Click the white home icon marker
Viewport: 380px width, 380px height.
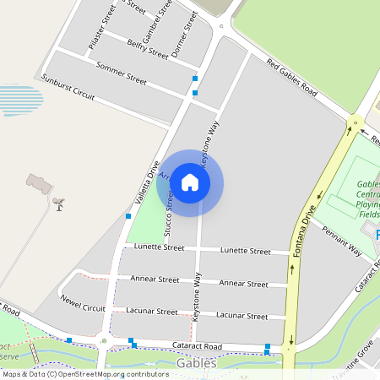click(x=190, y=182)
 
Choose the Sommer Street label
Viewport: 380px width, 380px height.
click(x=122, y=73)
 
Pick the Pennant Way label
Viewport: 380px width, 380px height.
click(x=341, y=241)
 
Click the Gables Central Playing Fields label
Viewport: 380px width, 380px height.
click(x=367, y=199)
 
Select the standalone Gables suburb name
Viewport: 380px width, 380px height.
click(x=197, y=363)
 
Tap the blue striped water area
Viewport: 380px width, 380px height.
click(x=20, y=99)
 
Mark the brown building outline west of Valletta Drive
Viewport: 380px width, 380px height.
click(x=39, y=181)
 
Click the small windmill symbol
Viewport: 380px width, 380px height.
click(x=58, y=204)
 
